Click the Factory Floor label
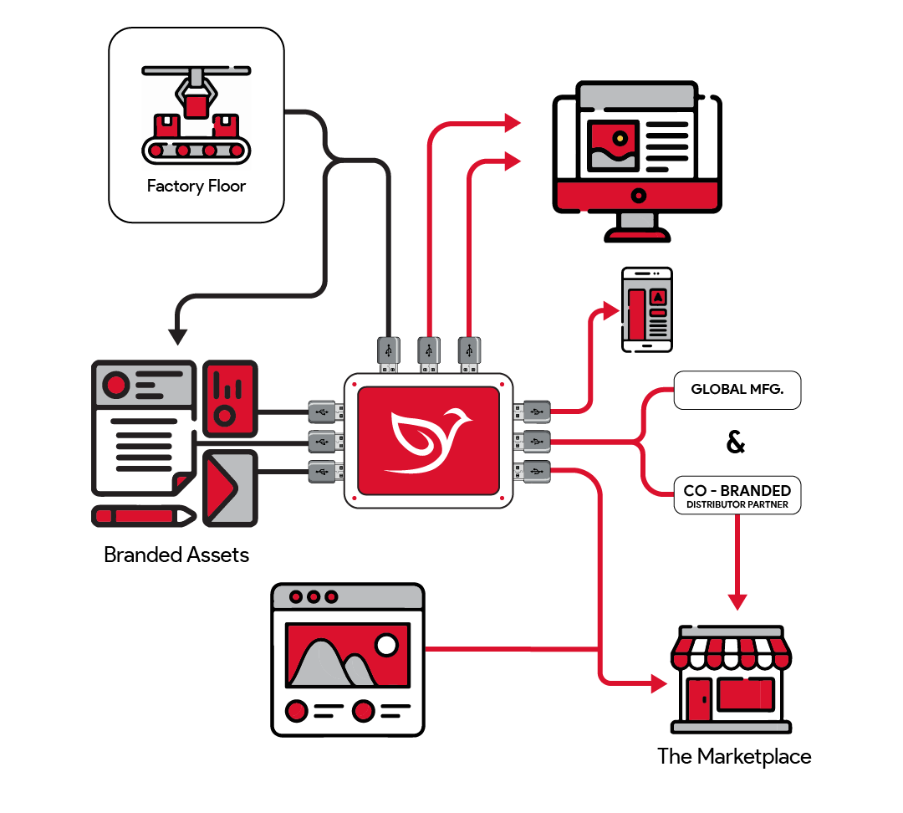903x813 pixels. point(196,186)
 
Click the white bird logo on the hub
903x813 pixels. point(429,440)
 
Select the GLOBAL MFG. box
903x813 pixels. point(737,390)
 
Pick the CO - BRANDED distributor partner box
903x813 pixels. point(737,495)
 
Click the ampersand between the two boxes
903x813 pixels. point(736,442)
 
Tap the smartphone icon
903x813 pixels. point(646,309)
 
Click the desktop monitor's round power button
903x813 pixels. point(638,196)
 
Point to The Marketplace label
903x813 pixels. point(734,757)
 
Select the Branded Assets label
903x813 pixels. point(176,555)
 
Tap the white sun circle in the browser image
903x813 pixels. point(386,645)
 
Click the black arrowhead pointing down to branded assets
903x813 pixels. point(177,335)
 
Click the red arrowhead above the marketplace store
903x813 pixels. point(737,601)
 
